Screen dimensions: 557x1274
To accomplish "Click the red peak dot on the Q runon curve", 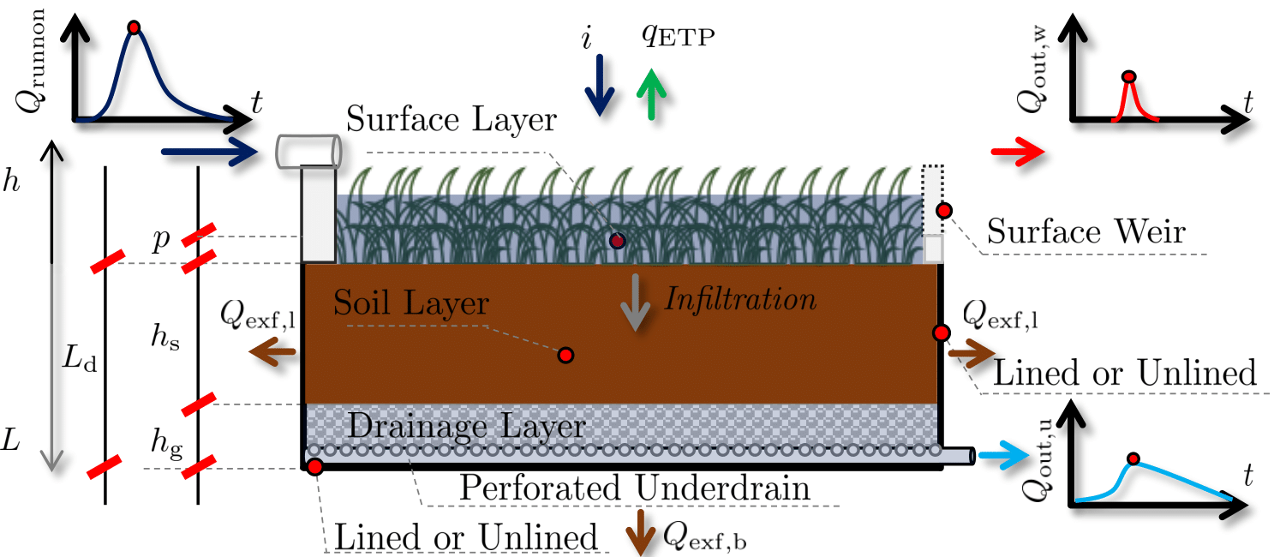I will pyautogui.click(x=133, y=27).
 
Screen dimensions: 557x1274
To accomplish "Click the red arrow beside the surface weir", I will pyautogui.click(x=1017, y=153).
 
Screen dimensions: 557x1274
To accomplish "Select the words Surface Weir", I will pyautogui.click(x=1086, y=231).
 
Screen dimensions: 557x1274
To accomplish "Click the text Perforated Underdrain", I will pyautogui.click(x=635, y=488).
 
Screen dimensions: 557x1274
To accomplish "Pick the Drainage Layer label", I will pyautogui.click(x=469, y=426).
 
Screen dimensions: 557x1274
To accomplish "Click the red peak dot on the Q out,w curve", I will pyautogui.click(x=1129, y=76).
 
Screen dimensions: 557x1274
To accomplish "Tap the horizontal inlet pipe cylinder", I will pyautogui.click(x=308, y=151).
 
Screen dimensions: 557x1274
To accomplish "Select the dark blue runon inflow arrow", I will pyautogui.click(x=209, y=153).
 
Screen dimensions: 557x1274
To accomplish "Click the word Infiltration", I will pyautogui.click(x=741, y=300).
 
